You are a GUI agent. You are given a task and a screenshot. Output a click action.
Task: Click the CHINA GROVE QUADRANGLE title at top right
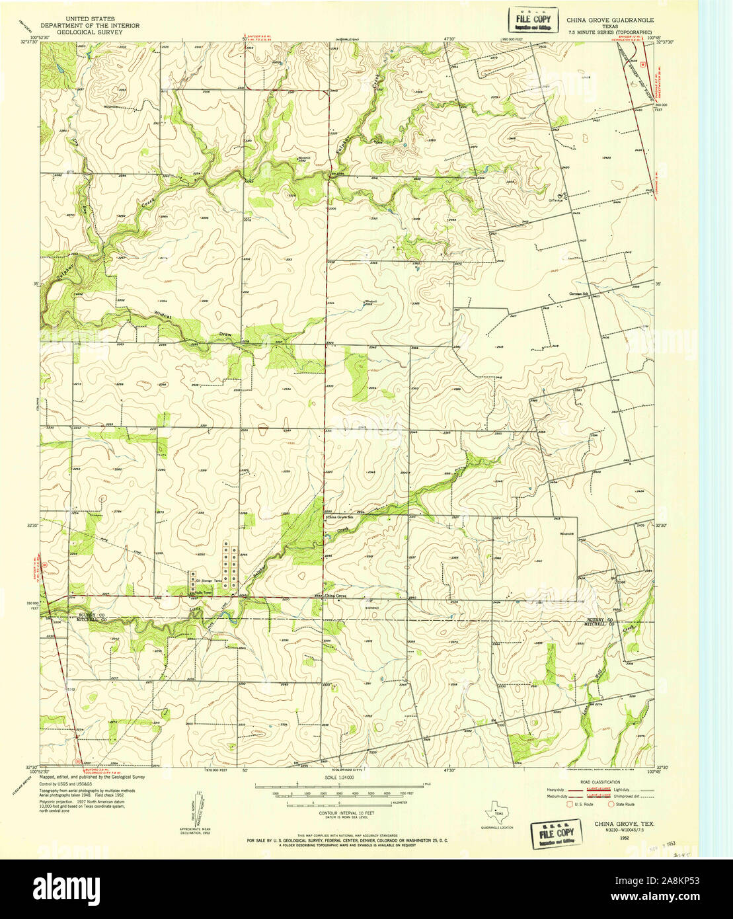609,20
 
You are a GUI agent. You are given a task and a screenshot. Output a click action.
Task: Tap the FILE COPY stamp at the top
530,20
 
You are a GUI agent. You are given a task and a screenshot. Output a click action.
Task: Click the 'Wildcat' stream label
163,318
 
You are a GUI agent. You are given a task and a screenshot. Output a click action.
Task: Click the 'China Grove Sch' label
342,517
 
